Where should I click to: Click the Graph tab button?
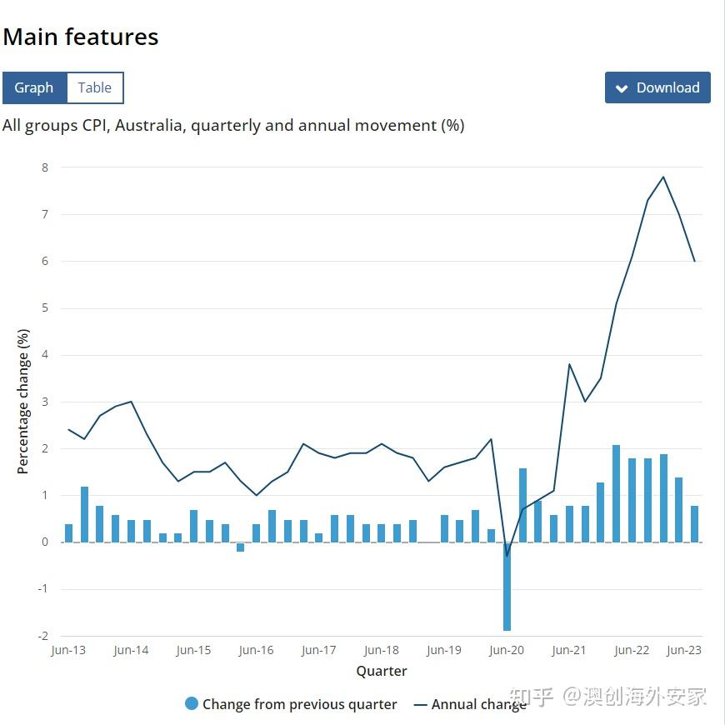34,87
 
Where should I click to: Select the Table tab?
95,87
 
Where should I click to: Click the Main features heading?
80,37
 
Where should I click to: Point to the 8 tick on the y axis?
44,167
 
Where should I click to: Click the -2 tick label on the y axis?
42,636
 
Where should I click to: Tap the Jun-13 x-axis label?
68,651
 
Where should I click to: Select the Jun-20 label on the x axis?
507,651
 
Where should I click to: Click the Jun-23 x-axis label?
684,651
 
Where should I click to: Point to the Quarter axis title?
382,671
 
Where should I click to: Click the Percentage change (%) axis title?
23,402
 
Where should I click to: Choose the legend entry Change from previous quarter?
291,704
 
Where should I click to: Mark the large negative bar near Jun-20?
507,587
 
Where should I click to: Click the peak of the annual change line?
663,177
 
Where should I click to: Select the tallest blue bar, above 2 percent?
617,493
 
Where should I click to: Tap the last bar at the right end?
694,523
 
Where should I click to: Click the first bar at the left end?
68,533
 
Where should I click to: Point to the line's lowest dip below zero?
507,556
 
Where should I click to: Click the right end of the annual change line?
694,261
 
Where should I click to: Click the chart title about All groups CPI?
233,126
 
